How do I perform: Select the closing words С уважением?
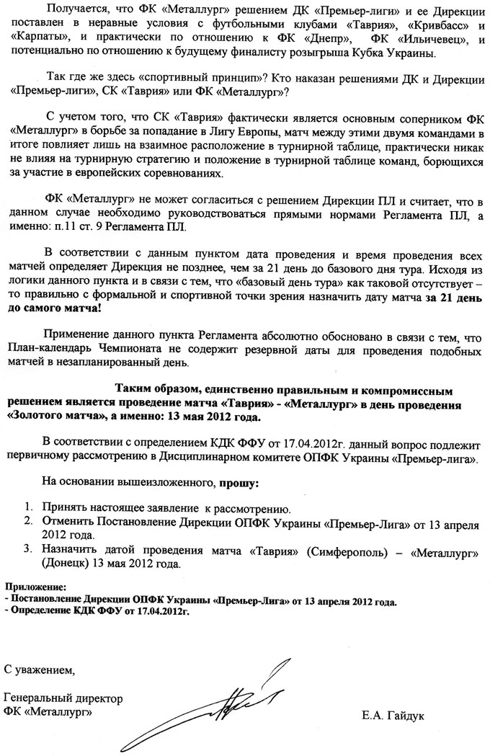click(x=39, y=671)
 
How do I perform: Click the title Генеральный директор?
click(x=63, y=698)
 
